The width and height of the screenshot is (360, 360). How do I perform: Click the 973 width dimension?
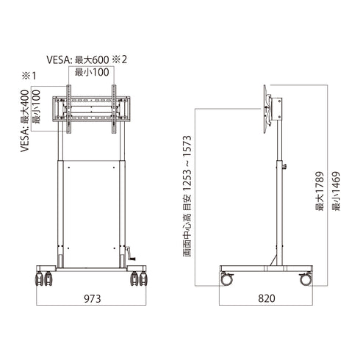click(92, 298)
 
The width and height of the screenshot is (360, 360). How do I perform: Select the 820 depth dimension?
click(267, 298)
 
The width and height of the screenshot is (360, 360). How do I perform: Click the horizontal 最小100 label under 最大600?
click(92, 73)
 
